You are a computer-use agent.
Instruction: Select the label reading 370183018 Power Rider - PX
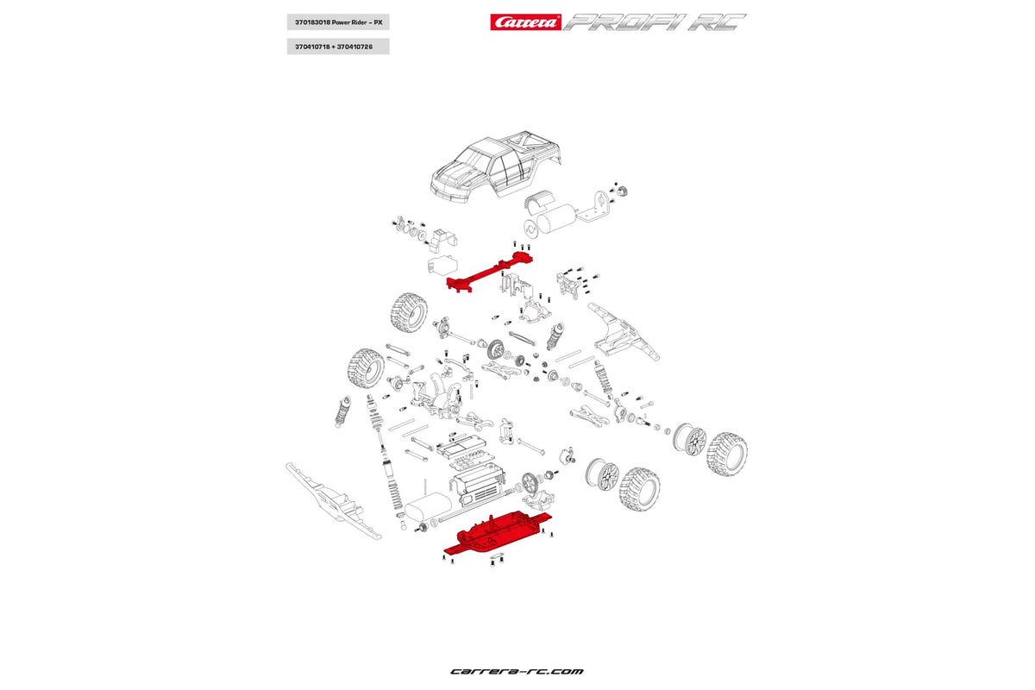[x=337, y=22]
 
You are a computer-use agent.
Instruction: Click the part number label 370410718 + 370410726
[x=337, y=47]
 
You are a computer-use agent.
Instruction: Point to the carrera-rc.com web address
[x=517, y=671]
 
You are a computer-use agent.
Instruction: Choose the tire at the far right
[x=726, y=454]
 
